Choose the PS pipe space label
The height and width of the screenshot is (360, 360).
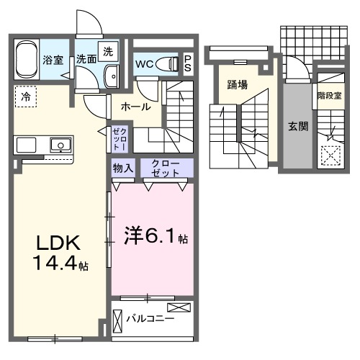coord(187,63)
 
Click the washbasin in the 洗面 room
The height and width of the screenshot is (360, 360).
coord(112,76)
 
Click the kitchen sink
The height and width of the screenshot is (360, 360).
coord(59,145)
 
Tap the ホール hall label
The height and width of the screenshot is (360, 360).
coord(135,107)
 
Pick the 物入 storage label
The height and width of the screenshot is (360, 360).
coord(122,168)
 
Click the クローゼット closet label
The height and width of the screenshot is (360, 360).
coord(166,168)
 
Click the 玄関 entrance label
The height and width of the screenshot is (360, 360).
coord(298,127)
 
